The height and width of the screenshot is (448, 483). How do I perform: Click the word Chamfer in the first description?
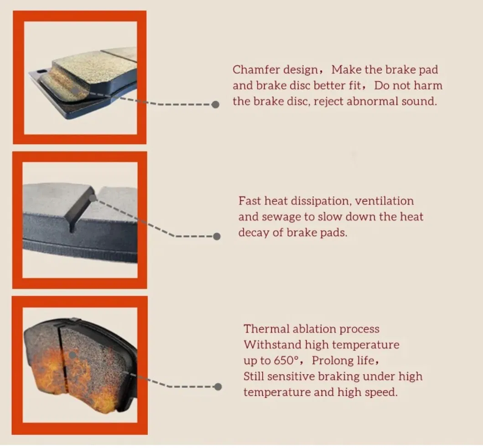point(252,70)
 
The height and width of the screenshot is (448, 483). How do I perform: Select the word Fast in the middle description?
point(250,201)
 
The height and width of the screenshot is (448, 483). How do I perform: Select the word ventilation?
point(384,201)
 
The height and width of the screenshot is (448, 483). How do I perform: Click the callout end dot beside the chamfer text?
point(216,105)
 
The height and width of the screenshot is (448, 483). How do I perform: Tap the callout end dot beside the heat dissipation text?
point(217,237)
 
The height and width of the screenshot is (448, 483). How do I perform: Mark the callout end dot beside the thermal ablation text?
point(218,387)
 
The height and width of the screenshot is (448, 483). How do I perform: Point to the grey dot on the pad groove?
point(93,199)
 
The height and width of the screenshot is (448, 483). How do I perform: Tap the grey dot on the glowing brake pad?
point(72,354)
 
